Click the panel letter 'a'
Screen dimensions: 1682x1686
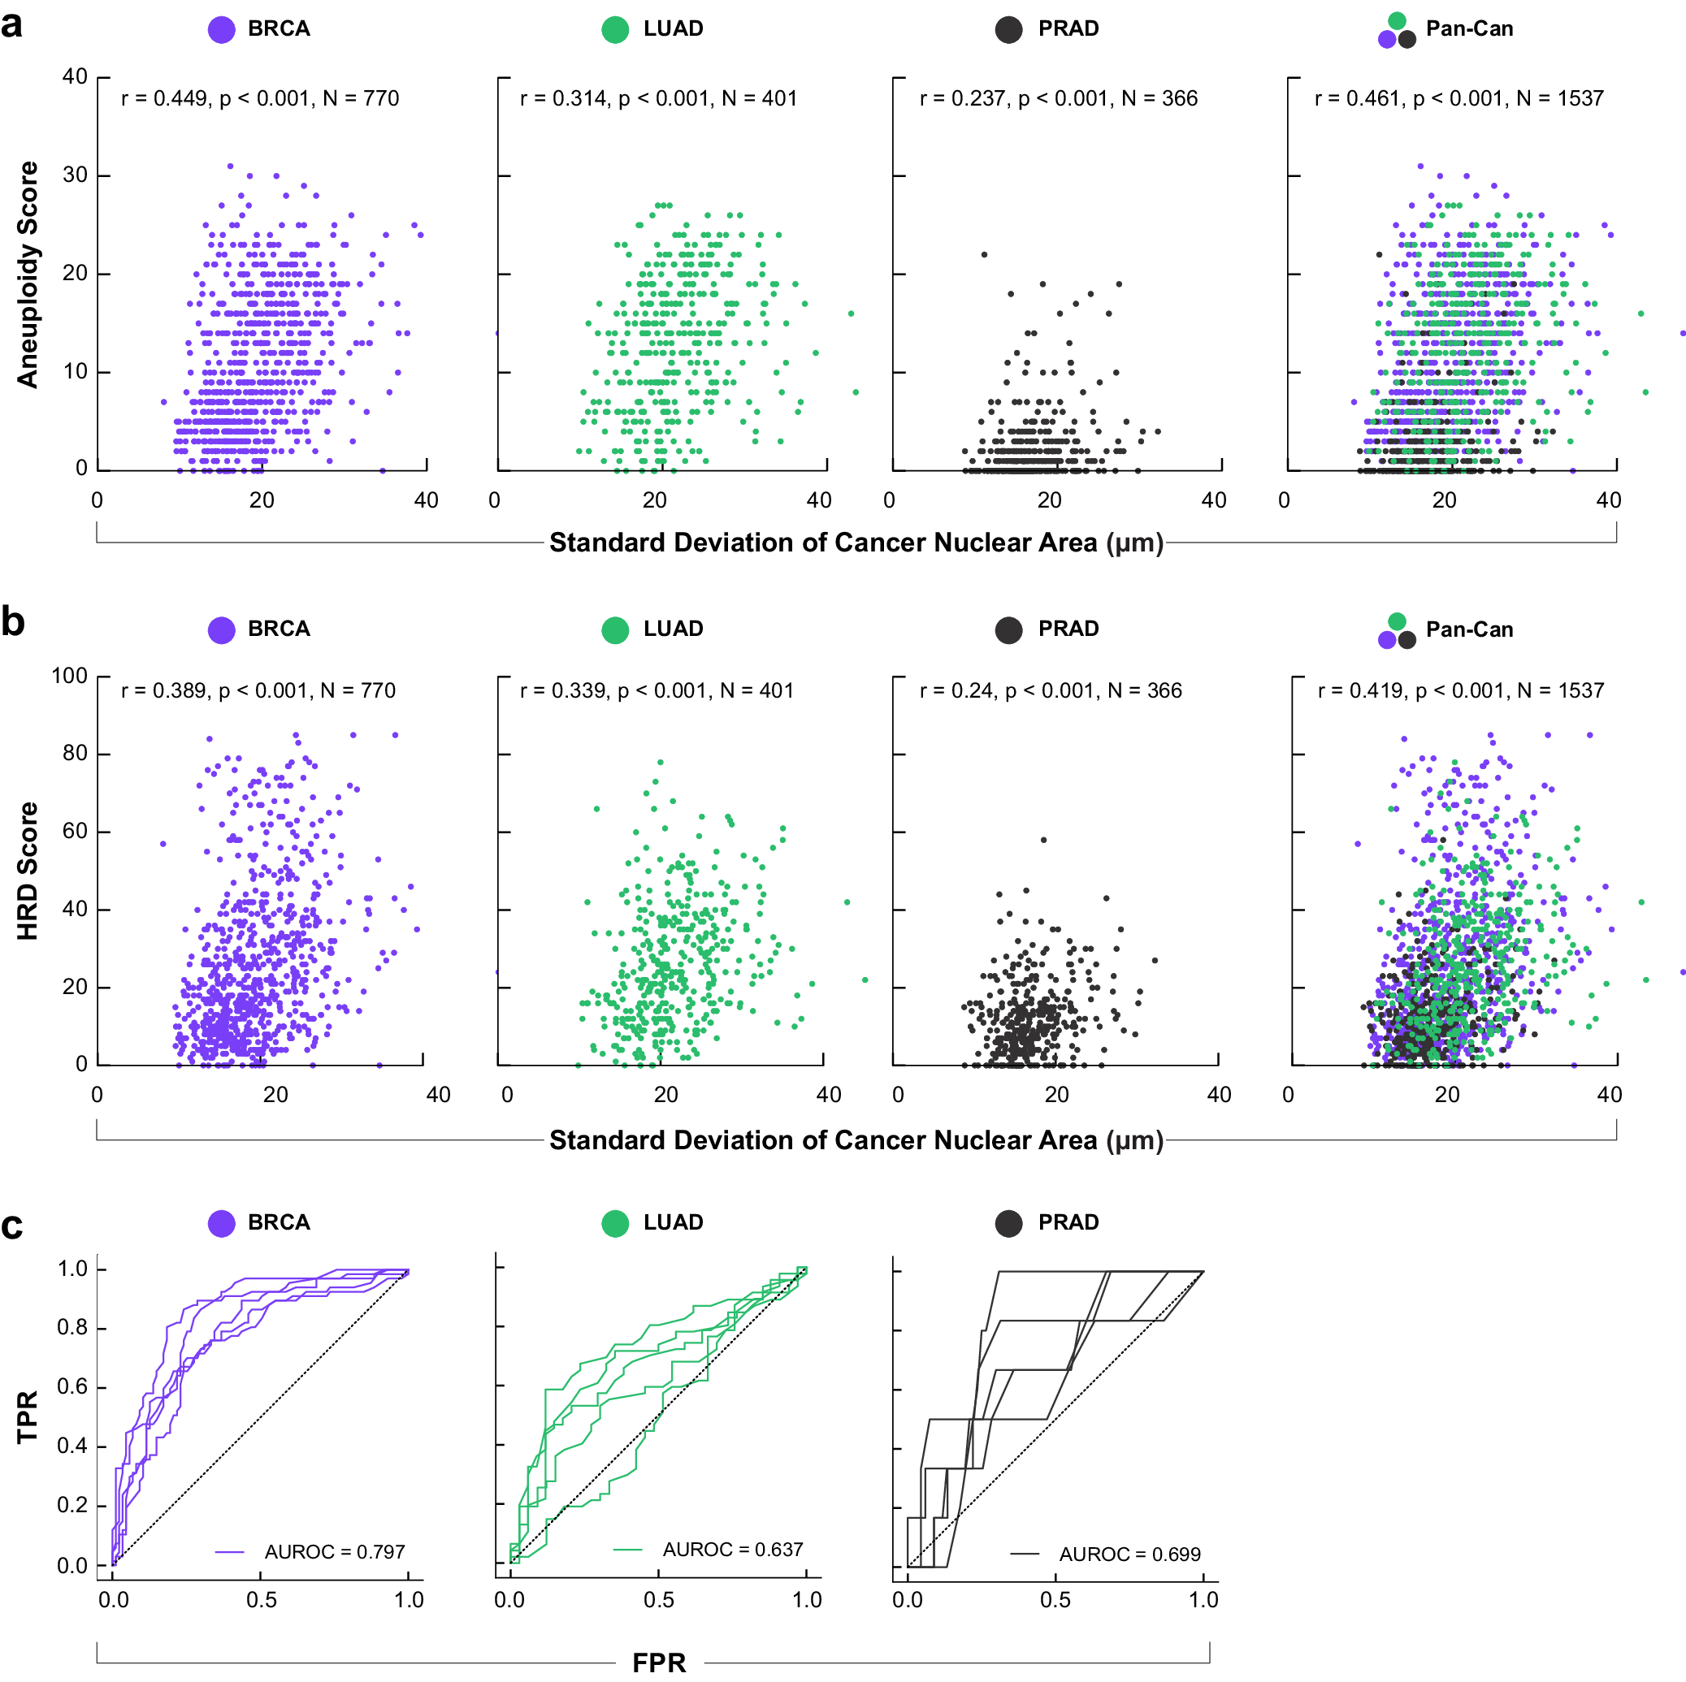(x=12, y=24)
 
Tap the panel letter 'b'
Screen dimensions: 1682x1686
(x=12, y=622)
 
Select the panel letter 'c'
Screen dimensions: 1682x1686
(x=12, y=1226)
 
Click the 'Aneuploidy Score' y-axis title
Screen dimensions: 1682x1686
(x=28, y=274)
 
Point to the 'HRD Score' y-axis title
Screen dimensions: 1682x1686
(x=28, y=870)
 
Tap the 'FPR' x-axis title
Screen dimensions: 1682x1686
(x=659, y=1662)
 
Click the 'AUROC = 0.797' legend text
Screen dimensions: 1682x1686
(x=334, y=1552)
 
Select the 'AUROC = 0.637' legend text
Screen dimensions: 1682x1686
(x=732, y=1550)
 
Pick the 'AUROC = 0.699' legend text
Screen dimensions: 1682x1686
(x=1129, y=1554)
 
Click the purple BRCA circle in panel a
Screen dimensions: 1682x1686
(x=222, y=30)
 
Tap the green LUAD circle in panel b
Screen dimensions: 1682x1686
(x=615, y=630)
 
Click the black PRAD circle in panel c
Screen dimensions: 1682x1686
(x=1009, y=1223)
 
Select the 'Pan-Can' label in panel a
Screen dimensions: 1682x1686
(x=1469, y=28)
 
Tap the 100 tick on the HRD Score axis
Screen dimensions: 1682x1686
(x=70, y=676)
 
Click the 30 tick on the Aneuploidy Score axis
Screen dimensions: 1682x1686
(x=75, y=175)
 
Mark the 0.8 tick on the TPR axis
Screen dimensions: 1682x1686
(x=72, y=1328)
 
